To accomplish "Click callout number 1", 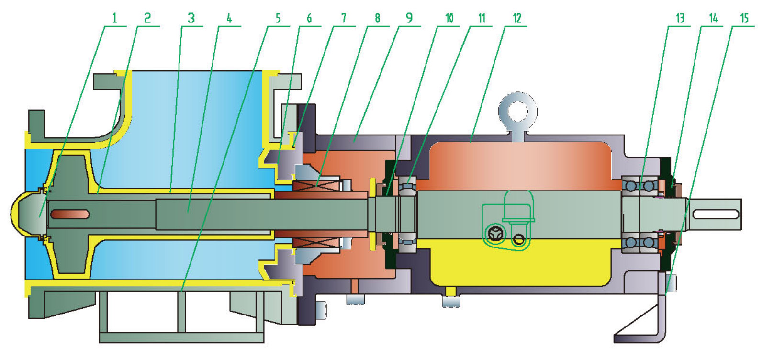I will [x=114, y=19].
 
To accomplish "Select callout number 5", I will [x=278, y=19].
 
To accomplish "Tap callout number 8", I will [x=377, y=19].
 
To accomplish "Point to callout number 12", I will [x=517, y=19].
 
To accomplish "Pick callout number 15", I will [x=744, y=19].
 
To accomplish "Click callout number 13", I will [x=680, y=19].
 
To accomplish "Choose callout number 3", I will [x=191, y=19].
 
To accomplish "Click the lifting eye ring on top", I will [x=517, y=111].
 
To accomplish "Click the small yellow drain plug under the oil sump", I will [x=450, y=292].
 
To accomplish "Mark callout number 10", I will [x=449, y=19].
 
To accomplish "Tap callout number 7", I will [x=343, y=19].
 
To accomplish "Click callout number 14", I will [x=713, y=19].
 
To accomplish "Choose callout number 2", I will [x=147, y=19].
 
